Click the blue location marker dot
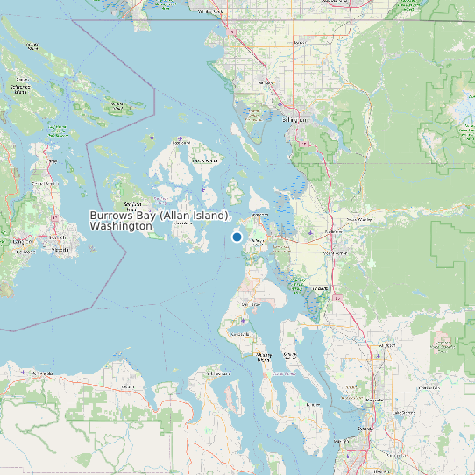pyautogui.click(x=237, y=237)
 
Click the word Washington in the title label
pyautogui.click(x=122, y=226)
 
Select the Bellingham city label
pyautogui.click(x=294, y=119)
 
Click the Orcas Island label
pyautogui.click(x=205, y=160)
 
